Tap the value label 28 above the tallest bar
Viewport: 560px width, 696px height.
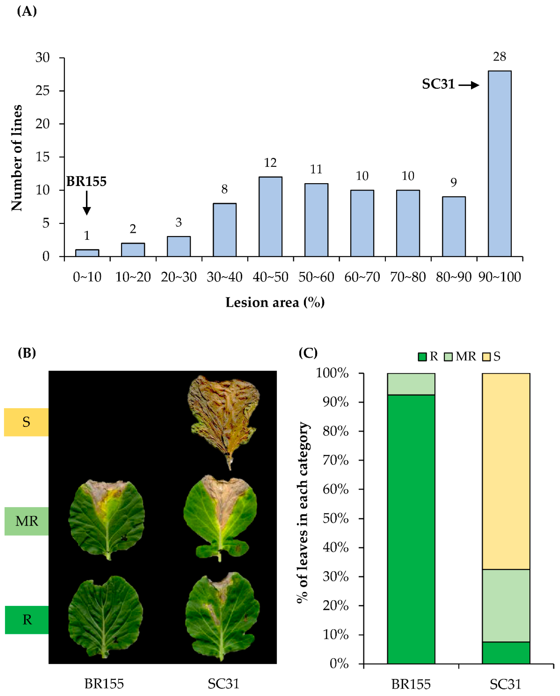499,57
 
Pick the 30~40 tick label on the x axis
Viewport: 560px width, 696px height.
224,277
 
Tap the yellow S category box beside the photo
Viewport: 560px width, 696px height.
26,422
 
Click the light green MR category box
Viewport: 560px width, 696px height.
27,521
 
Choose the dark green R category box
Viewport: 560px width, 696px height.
27,620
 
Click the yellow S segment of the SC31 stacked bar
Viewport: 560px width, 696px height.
506,471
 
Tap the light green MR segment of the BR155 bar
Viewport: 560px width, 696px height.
411,384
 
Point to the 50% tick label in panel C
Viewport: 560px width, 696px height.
336,518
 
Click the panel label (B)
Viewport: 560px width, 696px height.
27,353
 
